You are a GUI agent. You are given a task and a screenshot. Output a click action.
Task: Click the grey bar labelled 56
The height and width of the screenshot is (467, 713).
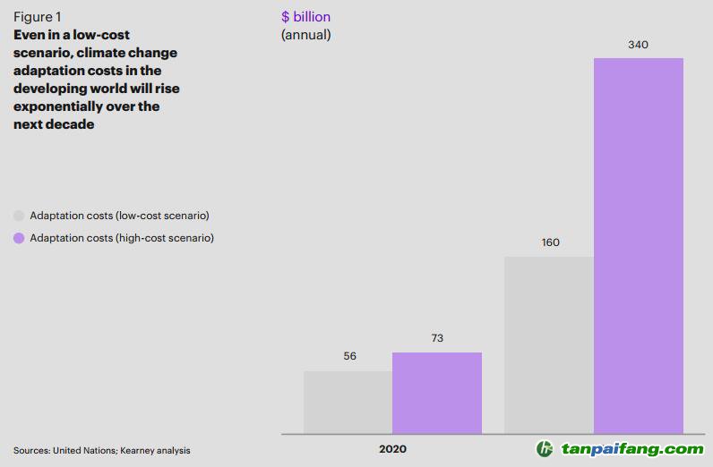[x=348, y=402]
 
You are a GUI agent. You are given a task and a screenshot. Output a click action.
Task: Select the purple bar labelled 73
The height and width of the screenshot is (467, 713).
[x=437, y=393]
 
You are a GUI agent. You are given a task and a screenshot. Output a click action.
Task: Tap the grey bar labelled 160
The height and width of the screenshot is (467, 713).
[x=549, y=344]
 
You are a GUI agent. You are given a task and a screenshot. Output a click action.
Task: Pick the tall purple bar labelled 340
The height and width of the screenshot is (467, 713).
[x=639, y=246]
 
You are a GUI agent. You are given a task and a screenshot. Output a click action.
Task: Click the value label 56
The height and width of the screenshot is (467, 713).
[x=349, y=356]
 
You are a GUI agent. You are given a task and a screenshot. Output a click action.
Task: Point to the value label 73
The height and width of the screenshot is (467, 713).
[x=437, y=338]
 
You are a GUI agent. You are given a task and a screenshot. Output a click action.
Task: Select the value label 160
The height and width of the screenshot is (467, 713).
[x=550, y=242]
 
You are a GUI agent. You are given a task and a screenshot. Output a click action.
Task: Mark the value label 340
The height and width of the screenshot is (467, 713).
[x=639, y=44]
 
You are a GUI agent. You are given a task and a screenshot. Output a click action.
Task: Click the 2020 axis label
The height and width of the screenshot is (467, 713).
[x=392, y=449]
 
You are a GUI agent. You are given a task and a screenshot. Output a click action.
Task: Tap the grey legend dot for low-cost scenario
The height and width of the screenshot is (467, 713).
[x=18, y=216]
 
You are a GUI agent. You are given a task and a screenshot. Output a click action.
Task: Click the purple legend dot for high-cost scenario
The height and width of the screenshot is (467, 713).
[x=18, y=238]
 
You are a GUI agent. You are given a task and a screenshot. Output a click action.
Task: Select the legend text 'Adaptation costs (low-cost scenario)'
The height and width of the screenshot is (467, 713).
[x=119, y=216]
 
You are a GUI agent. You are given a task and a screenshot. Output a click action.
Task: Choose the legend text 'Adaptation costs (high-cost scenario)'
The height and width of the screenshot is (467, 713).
[x=122, y=238]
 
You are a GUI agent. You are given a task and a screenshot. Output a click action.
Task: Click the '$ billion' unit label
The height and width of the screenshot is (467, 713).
[x=305, y=17]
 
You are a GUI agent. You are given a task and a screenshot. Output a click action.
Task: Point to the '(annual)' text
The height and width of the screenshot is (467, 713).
[x=306, y=35]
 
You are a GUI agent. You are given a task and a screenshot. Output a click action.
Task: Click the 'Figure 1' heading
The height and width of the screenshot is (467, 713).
[x=38, y=17]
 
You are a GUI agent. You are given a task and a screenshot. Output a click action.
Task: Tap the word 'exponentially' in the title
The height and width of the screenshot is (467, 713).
[x=57, y=106]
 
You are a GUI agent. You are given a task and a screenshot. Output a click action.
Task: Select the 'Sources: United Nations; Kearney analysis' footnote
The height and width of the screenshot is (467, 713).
[x=102, y=450]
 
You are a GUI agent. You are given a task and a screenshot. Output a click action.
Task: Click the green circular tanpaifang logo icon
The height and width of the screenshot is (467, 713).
[x=545, y=449]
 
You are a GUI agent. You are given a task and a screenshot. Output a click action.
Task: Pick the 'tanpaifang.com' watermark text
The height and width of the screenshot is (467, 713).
[x=632, y=449]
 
